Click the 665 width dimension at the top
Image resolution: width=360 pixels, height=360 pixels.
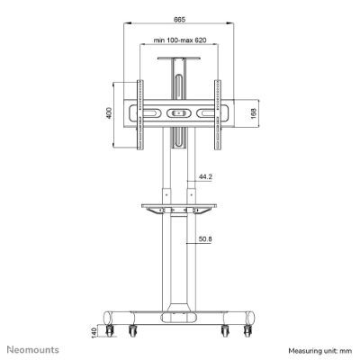point(179,20)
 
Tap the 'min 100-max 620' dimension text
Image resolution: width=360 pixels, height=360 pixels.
point(180,40)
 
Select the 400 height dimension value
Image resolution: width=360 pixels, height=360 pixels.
point(109,112)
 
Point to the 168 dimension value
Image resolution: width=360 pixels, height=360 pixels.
point(254,113)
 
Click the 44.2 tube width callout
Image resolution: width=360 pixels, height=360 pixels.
point(205,177)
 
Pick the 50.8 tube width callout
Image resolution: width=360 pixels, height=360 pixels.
point(205,239)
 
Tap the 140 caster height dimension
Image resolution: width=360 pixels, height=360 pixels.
point(94,332)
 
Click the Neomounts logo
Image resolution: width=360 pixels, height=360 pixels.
point(33,349)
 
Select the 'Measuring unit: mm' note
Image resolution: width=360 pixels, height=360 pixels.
point(320,350)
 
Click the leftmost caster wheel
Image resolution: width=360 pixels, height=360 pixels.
point(109,330)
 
